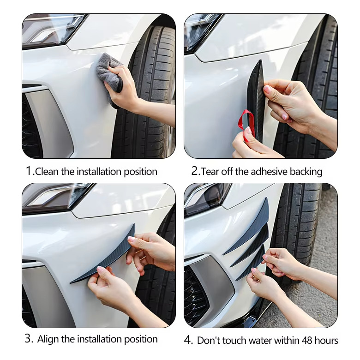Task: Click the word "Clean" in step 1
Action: point(47,172)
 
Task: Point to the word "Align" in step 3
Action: point(48,339)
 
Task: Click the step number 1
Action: point(29,171)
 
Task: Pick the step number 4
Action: point(188,340)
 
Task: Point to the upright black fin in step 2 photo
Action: point(256,101)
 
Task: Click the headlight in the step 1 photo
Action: point(52,30)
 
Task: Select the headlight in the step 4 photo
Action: point(207,198)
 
